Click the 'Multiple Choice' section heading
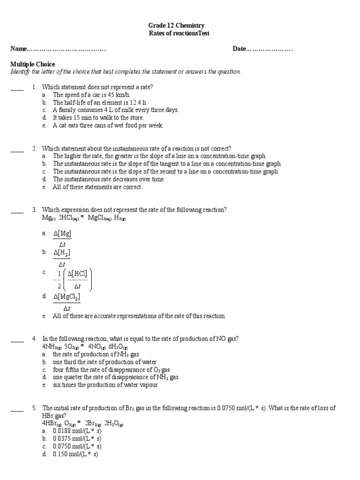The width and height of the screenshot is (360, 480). coord(32,64)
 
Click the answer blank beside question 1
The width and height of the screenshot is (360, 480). coord(17,87)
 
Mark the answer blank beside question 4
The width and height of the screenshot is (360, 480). coord(17,339)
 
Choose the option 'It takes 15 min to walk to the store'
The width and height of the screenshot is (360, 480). coord(98,118)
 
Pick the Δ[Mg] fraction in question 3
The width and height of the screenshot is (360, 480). coord(62,239)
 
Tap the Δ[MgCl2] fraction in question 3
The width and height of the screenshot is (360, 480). coord(67,302)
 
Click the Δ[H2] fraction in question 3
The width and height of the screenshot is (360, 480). coord(62,258)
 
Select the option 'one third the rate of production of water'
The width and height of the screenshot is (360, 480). coord(105,362)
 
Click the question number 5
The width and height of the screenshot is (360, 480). coord(34,408)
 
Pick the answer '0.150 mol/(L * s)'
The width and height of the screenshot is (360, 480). coord(75,454)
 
